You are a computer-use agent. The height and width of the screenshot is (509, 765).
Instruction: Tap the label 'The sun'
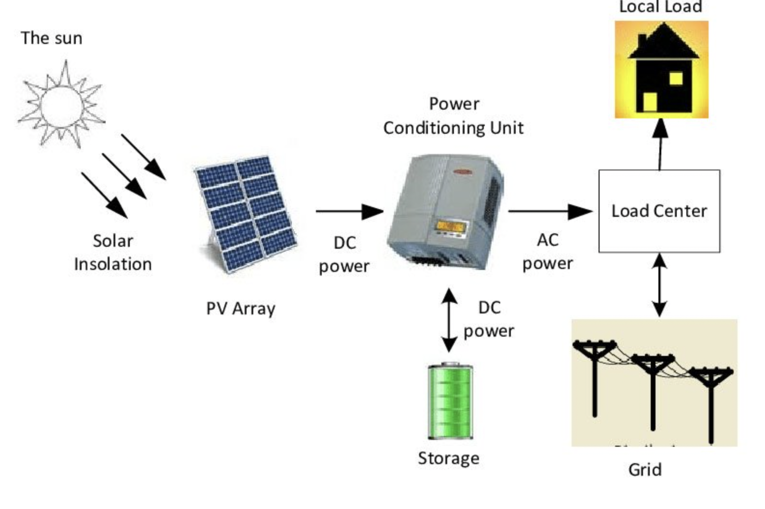pyautogui.click(x=52, y=38)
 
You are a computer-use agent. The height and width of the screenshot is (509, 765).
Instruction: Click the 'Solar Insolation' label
pyautogui.click(x=113, y=253)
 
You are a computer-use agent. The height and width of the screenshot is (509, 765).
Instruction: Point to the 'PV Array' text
pyautogui.click(x=241, y=309)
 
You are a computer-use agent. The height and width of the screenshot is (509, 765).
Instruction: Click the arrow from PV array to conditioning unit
pyautogui.click(x=349, y=211)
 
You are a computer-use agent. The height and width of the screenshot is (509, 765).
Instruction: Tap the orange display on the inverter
pyautogui.click(x=451, y=226)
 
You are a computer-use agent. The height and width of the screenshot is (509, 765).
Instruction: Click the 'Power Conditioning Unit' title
pyautogui.click(x=453, y=116)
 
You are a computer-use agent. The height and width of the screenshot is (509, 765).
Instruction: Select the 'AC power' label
pyautogui.click(x=548, y=252)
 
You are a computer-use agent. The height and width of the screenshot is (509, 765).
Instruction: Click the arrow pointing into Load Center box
pyautogui.click(x=550, y=211)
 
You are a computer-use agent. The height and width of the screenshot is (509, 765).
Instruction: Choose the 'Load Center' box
pyautogui.click(x=659, y=211)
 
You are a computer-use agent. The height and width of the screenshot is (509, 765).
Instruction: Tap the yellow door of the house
pyautogui.click(x=650, y=102)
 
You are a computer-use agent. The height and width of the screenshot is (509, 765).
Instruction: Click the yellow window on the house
pyautogui.click(x=676, y=78)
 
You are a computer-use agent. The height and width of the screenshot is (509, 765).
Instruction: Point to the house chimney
pyautogui.click(x=642, y=42)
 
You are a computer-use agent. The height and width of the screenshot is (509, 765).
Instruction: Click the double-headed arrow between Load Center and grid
pyautogui.click(x=659, y=285)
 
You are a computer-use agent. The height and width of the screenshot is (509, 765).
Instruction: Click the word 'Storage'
pyautogui.click(x=449, y=458)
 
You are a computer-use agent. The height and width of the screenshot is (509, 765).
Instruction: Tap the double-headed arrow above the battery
pyautogui.click(x=450, y=320)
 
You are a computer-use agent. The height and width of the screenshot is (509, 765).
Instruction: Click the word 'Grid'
pyautogui.click(x=645, y=469)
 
